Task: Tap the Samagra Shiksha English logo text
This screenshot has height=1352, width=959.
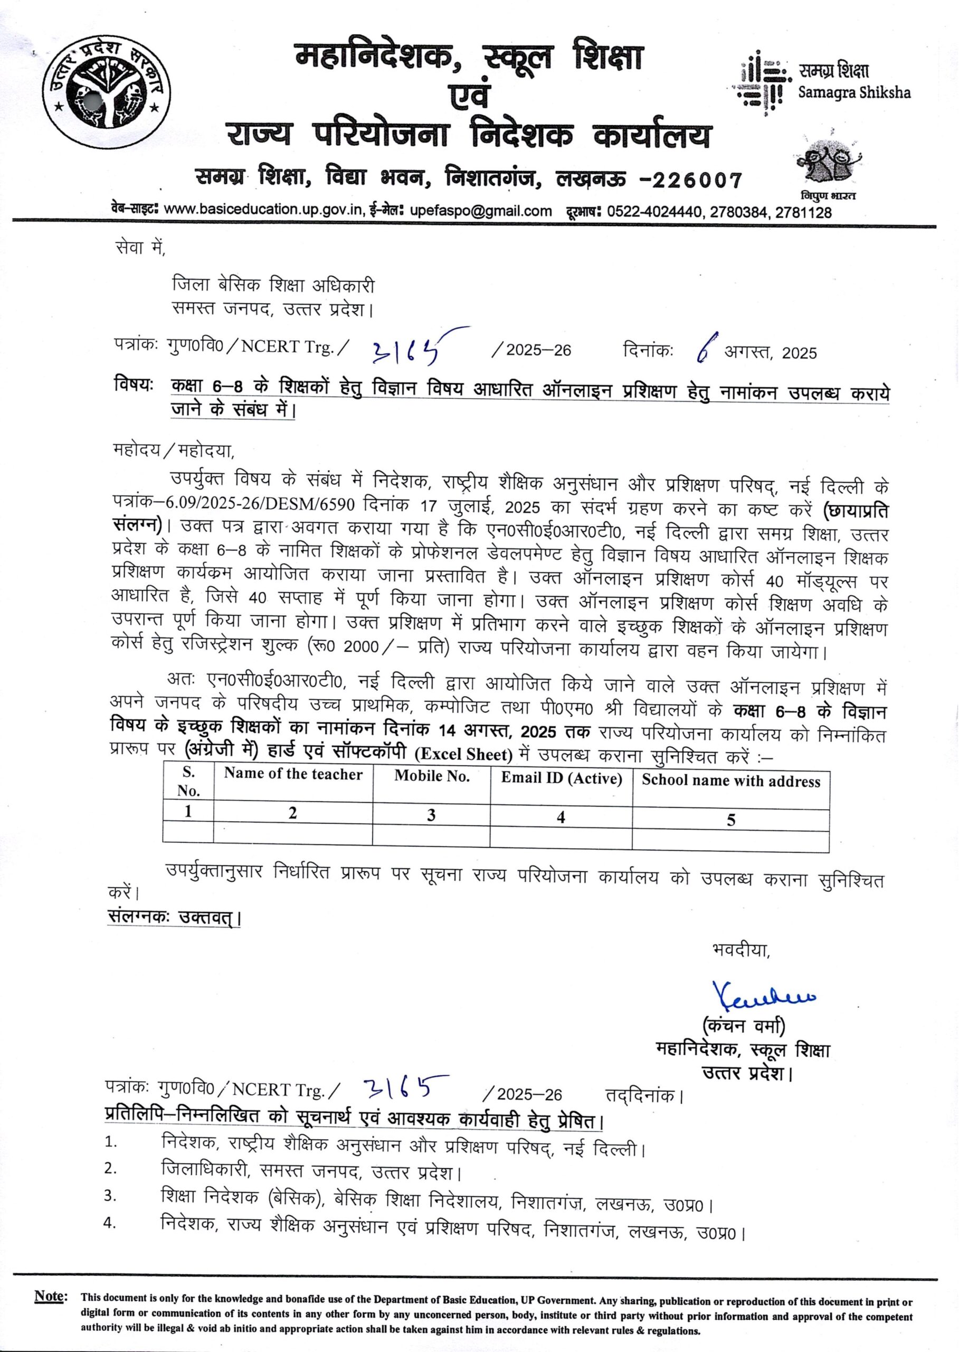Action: (854, 93)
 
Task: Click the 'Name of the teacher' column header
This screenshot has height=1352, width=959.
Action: (293, 775)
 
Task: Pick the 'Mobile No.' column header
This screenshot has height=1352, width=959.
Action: (432, 776)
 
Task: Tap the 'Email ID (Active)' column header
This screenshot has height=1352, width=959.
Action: (562, 779)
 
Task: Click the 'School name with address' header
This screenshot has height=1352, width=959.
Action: (731, 781)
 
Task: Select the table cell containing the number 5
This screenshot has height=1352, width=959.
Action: (731, 820)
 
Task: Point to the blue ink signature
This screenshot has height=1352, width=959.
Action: (765, 997)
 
